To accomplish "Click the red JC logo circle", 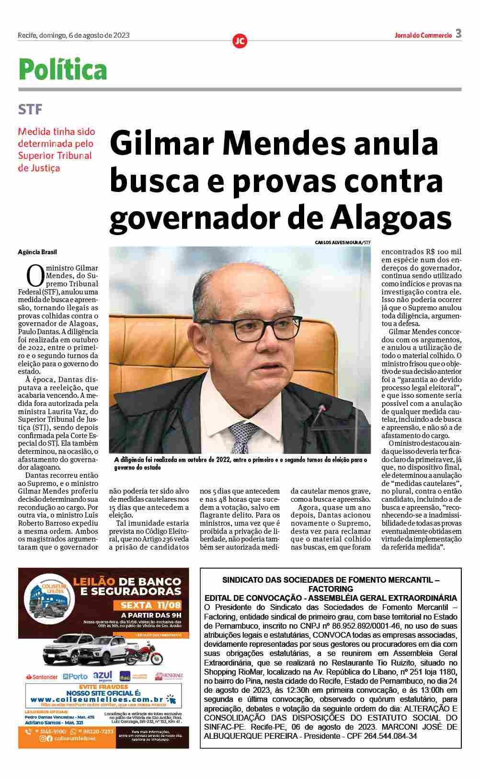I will [240, 41].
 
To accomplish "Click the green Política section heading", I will [63, 70].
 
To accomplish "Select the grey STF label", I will [30, 110].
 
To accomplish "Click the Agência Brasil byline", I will [37, 252].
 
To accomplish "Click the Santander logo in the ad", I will [42, 677].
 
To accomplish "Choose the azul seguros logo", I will [103, 676].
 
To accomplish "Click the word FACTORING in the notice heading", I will [331, 589].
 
